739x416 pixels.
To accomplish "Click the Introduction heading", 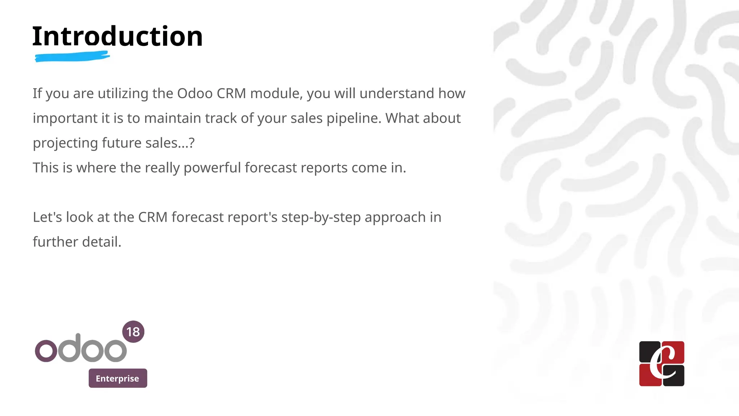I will tap(117, 36).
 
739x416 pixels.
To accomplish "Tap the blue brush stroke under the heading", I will tap(72, 57).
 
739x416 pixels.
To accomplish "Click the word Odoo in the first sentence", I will tap(195, 94).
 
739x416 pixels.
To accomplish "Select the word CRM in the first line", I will tap(231, 94).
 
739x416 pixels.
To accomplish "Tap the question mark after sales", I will tap(192, 143).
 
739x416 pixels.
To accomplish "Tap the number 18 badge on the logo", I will tap(133, 331).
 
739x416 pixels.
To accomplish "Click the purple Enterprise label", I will tap(118, 378).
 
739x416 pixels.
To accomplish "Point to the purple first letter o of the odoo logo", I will tap(46, 351).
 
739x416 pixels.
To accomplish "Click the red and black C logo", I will tap(661, 364).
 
